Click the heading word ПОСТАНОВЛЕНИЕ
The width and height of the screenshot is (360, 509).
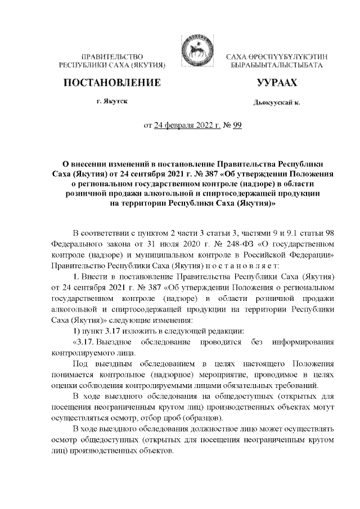[x=109, y=84]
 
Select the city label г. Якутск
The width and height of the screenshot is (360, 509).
[x=111, y=103]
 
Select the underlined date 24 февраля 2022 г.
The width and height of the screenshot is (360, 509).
[x=187, y=126]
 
